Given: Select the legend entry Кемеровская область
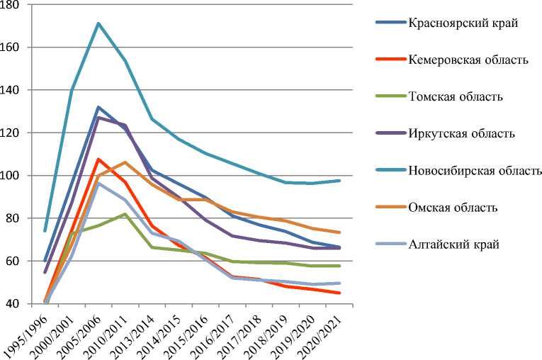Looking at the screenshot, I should click(468, 60).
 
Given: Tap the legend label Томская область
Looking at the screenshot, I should click(456, 96).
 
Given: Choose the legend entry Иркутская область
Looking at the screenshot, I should click(461, 133).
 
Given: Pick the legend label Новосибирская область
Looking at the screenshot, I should click(475, 170).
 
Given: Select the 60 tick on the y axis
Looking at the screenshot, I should click(15, 261).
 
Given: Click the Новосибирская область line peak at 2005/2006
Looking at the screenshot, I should click(98, 23).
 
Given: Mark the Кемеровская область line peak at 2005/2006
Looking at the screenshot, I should click(98, 159).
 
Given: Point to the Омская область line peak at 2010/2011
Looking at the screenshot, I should click(125, 162).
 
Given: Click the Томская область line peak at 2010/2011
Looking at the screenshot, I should click(125, 214).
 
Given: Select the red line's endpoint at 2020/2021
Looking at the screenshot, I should click(339, 293).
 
